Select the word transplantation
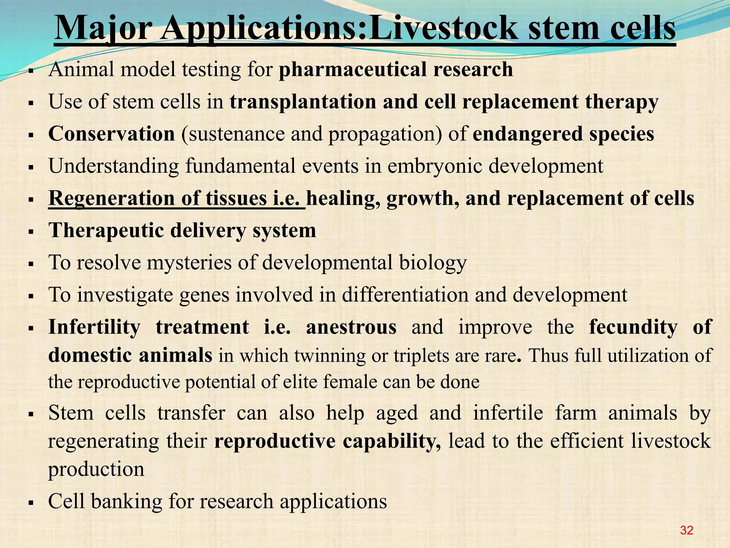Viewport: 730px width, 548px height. pos(303,102)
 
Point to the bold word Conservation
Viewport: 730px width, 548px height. pos(112,134)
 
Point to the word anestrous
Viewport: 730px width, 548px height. pos(351,327)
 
